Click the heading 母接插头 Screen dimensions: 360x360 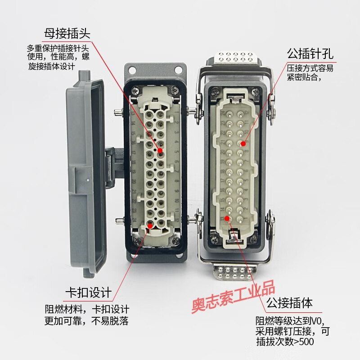(x=67, y=33)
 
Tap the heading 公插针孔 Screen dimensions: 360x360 (x=310, y=55)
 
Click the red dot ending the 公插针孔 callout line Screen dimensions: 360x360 (x=243, y=144)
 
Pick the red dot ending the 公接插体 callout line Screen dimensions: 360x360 (x=228, y=219)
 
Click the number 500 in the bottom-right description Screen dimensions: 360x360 (x=306, y=342)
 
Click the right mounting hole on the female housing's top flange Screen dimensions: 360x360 (x=178, y=70)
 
